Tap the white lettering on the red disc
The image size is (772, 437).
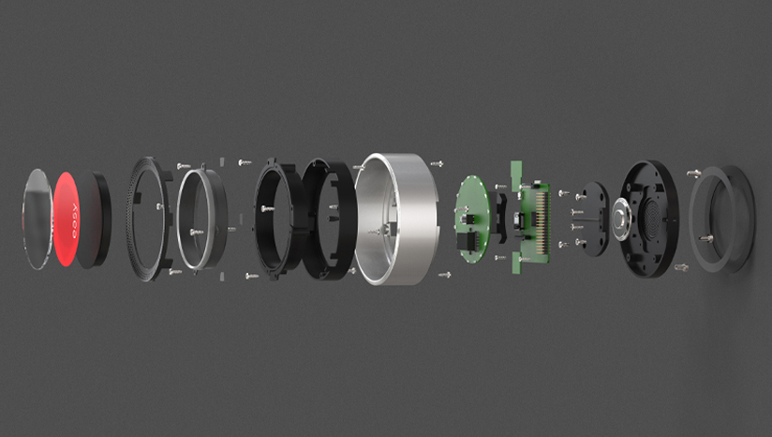tap(73, 221)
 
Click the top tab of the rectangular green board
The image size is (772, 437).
tap(517, 170)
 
